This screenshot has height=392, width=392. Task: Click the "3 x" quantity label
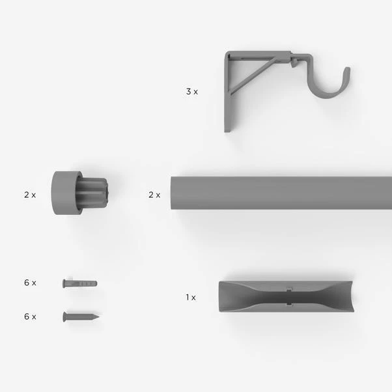click(x=191, y=92)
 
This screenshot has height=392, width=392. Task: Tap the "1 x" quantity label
click(x=190, y=298)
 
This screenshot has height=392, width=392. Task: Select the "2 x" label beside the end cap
click(x=30, y=195)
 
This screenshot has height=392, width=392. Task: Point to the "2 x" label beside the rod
click(x=154, y=195)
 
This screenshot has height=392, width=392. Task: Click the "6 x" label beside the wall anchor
click(x=30, y=283)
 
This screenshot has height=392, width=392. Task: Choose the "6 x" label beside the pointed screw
click(x=30, y=316)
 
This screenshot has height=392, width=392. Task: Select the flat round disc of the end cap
click(x=61, y=193)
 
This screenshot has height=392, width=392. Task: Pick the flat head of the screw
click(x=65, y=316)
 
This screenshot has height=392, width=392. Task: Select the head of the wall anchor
click(x=64, y=283)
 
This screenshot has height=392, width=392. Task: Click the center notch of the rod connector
click(x=288, y=298)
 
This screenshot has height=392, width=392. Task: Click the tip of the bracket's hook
click(x=347, y=70)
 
